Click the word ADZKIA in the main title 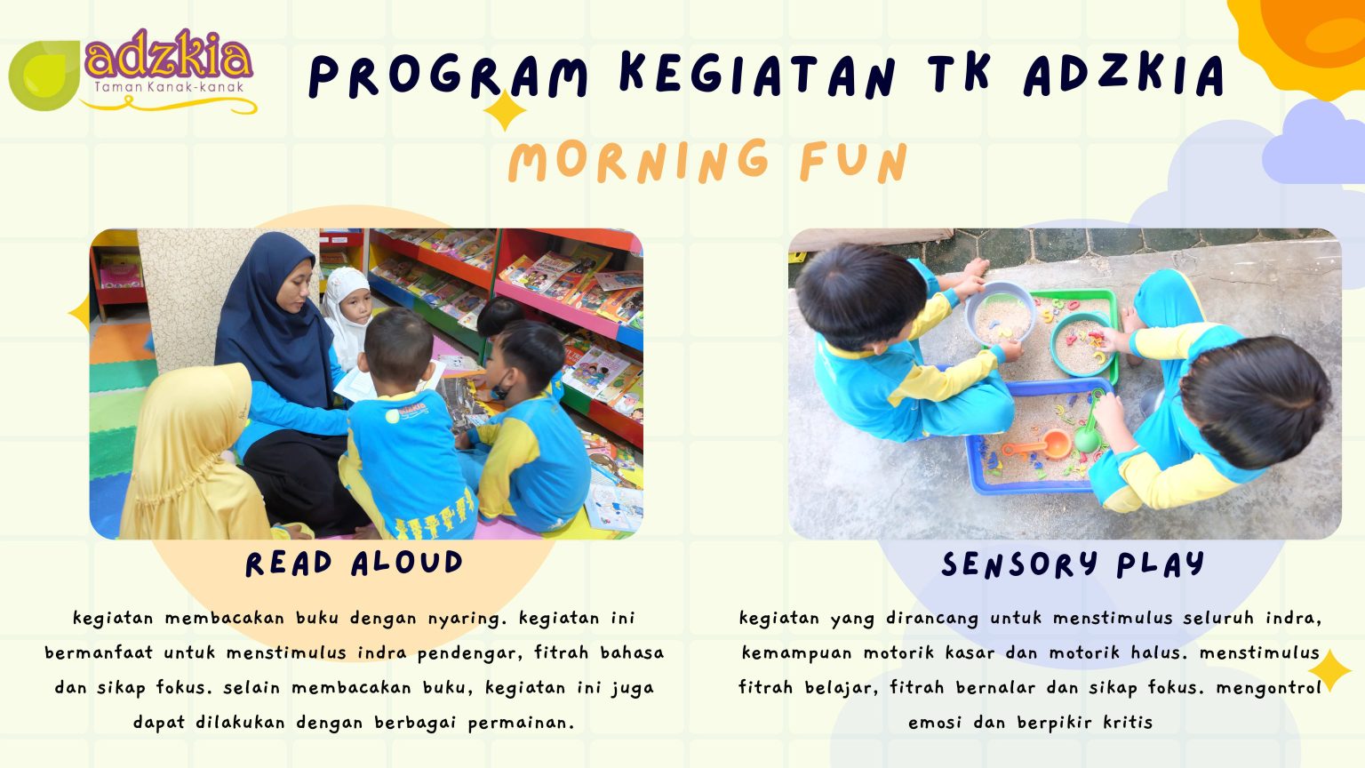pyautogui.click(x=1123, y=75)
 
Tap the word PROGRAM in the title pyautogui.click(x=448, y=76)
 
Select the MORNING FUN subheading pyautogui.click(x=708, y=161)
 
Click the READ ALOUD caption pyautogui.click(x=354, y=563)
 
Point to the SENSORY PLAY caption pyautogui.click(x=1073, y=564)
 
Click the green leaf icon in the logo pyautogui.click(x=44, y=75)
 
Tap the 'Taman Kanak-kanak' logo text pyautogui.click(x=169, y=87)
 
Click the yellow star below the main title pyautogui.click(x=505, y=110)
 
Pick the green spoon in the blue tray pyautogui.click(x=1089, y=427)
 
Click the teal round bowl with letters pyautogui.click(x=1082, y=345)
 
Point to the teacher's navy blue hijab pyautogui.click(x=275, y=323)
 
